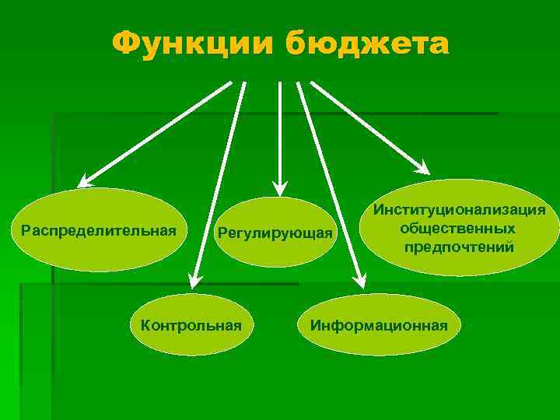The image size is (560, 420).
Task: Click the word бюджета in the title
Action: click(366, 45)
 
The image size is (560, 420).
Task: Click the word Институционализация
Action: click(459, 210)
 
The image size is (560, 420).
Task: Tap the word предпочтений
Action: click(458, 247)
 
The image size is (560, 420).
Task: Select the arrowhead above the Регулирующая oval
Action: click(279, 187)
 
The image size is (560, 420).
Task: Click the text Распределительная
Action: click(100, 230)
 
